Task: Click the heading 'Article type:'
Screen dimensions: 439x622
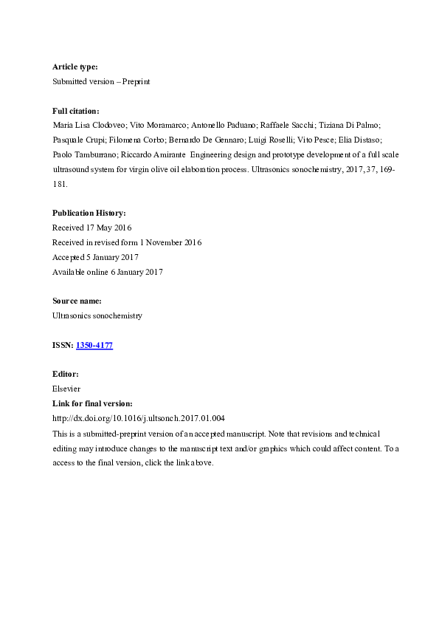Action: click(x=75, y=67)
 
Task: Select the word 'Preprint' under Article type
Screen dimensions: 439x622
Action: click(x=136, y=81)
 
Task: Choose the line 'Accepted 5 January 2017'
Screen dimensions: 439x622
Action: click(x=94, y=257)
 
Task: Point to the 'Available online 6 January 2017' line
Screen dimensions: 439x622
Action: click(x=108, y=271)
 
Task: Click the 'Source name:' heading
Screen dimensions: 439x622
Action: click(x=77, y=301)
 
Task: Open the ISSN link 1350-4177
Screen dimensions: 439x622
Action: click(x=94, y=345)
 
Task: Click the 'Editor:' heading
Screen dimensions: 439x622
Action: click(x=65, y=375)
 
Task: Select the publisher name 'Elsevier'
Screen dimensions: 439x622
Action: click(x=66, y=389)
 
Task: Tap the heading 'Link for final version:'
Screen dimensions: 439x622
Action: click(x=92, y=403)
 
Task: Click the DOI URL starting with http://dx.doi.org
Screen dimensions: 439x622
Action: click(x=139, y=418)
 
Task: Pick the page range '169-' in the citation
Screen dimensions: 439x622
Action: click(x=387, y=168)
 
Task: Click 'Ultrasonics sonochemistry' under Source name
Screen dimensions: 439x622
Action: click(x=97, y=315)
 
